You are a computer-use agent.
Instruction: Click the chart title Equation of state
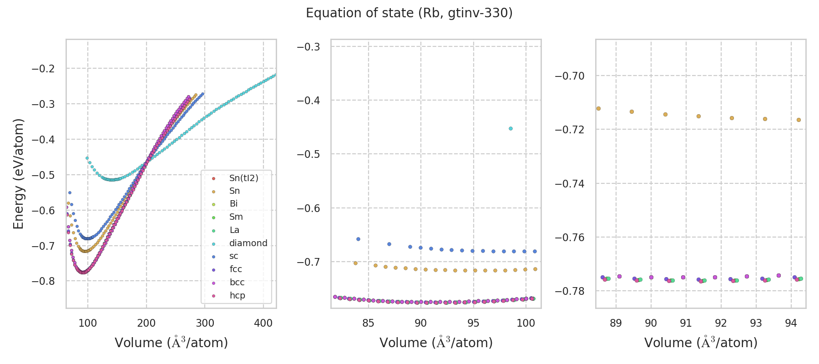pos(409,13)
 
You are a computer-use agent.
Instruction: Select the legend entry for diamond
pos(248,243)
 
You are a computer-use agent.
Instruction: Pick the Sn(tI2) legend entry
pos(243,178)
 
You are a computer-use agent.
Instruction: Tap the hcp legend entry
pos(237,296)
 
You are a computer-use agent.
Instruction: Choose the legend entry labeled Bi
pos(233,204)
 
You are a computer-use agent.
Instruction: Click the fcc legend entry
pos(235,269)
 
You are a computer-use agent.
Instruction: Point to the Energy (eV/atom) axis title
pos(18,174)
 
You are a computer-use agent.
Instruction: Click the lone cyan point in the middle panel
pos(511,129)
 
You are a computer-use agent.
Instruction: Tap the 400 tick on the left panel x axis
pos(263,323)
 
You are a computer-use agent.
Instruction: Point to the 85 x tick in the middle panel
pos(368,323)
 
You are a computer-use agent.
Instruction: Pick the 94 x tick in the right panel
pos(791,323)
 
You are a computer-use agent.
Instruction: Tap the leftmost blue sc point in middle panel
pos(358,239)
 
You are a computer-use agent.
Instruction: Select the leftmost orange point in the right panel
pos(598,108)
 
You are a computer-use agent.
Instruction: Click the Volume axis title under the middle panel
pos(436,343)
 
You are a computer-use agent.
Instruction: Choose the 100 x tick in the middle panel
pos(526,323)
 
